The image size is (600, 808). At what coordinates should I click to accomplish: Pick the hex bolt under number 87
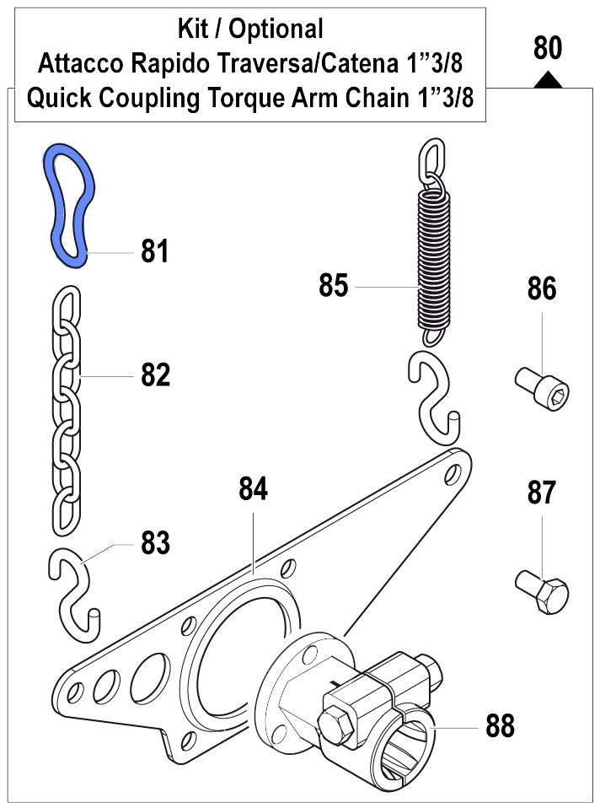(x=542, y=591)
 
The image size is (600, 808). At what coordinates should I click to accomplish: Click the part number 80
(x=548, y=48)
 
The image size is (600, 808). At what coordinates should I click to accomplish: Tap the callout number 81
(x=155, y=252)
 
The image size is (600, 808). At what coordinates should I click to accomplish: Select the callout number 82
(x=155, y=374)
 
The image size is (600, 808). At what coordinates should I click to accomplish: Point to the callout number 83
(x=155, y=543)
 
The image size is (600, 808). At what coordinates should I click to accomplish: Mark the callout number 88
(x=501, y=725)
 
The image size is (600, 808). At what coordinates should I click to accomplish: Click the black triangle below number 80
(x=548, y=79)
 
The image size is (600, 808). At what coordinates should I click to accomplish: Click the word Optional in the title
(x=276, y=30)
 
